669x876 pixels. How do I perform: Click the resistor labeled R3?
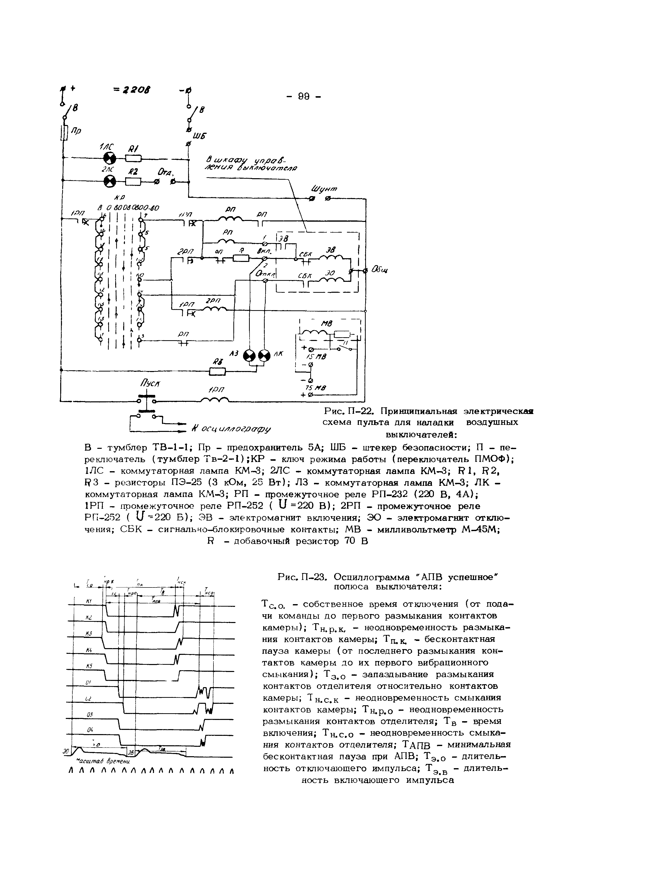[217, 372]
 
